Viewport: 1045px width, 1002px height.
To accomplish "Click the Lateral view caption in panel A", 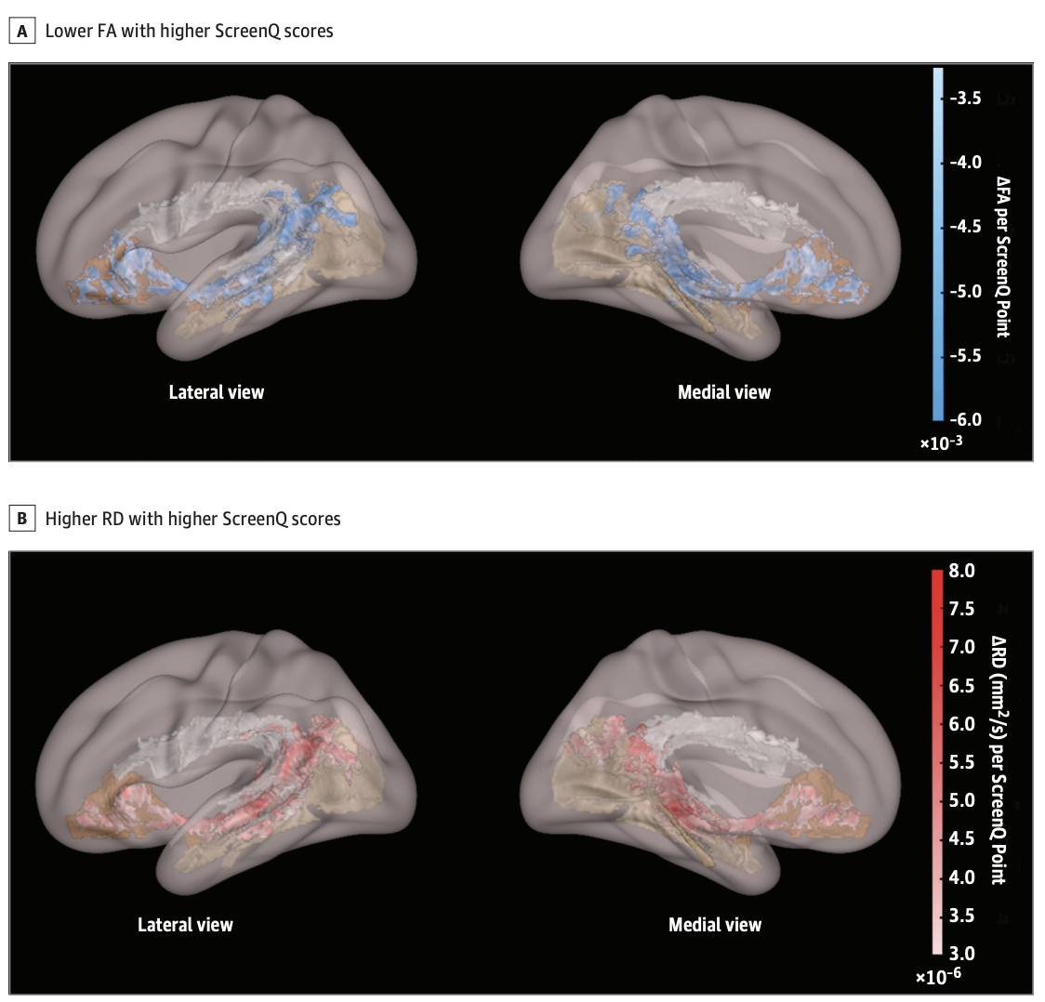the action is click(x=217, y=392).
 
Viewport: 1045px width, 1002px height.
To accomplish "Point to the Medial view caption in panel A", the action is click(x=724, y=392).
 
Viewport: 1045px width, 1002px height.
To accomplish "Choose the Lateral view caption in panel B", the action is click(x=185, y=925).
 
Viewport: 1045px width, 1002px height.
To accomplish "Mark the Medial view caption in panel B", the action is click(x=715, y=925).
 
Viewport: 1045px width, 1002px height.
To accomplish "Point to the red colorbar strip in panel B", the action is click(x=937, y=762).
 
